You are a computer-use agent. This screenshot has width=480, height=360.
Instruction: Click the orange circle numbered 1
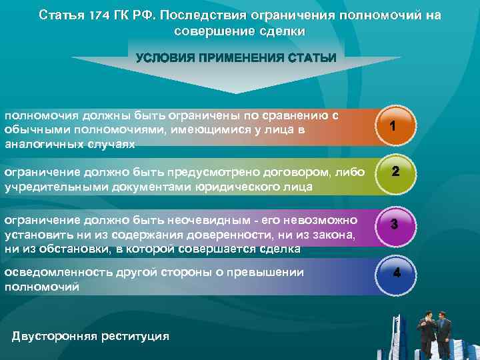coord(393,126)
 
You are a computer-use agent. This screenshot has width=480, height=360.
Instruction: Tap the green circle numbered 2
coord(395,171)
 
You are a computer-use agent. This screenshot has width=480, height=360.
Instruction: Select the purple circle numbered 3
coord(394,225)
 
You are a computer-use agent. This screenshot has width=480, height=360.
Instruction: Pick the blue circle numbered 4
coord(397,273)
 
